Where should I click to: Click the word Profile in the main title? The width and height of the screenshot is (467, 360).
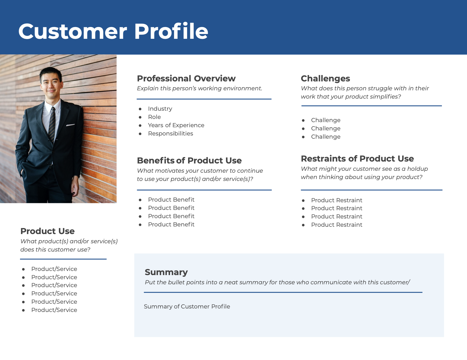[x=171, y=31]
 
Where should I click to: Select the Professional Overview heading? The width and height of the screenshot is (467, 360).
[x=186, y=79]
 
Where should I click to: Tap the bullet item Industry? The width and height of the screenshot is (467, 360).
[x=160, y=109]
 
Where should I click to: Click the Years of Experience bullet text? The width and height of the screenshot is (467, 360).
[x=176, y=125]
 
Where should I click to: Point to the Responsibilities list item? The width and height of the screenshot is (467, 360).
[x=170, y=134]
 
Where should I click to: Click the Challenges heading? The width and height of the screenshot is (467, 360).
[x=325, y=79]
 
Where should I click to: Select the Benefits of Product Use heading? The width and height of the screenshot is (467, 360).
[x=189, y=161]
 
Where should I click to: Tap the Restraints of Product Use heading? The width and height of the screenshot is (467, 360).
[x=357, y=159]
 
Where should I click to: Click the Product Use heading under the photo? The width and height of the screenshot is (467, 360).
[x=47, y=231]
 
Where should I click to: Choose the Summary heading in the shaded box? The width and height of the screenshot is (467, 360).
[x=166, y=272]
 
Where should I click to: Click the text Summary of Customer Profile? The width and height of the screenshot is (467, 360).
[x=187, y=307]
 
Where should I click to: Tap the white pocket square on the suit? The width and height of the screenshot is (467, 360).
[x=70, y=125]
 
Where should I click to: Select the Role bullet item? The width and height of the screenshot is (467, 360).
[x=154, y=117]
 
